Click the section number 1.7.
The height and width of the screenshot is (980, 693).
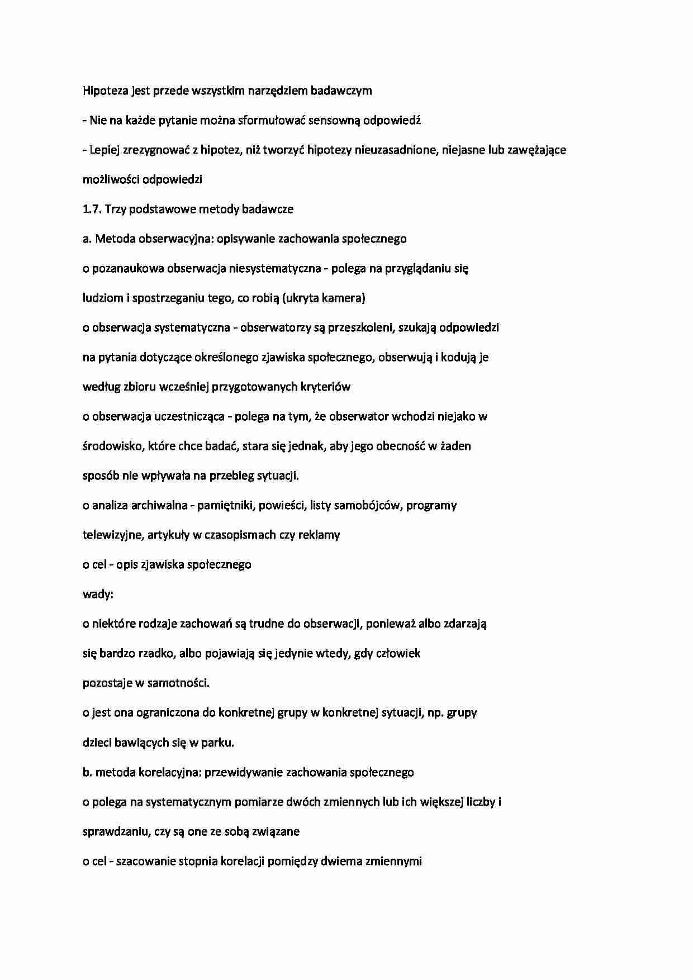click(x=92, y=209)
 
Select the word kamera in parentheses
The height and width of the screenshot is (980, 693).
click(x=345, y=298)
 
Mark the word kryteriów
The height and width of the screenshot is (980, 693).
click(x=326, y=387)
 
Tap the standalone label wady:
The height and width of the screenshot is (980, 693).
click(x=98, y=594)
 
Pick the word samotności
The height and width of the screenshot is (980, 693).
click(x=178, y=683)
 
